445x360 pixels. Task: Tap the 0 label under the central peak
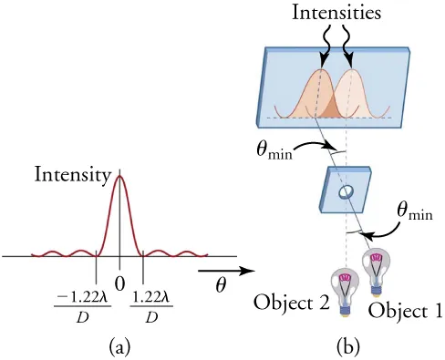coord(119,283)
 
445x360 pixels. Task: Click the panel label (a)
coord(119,345)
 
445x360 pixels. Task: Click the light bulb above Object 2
coord(346,289)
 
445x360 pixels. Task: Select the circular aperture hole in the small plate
coord(346,193)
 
